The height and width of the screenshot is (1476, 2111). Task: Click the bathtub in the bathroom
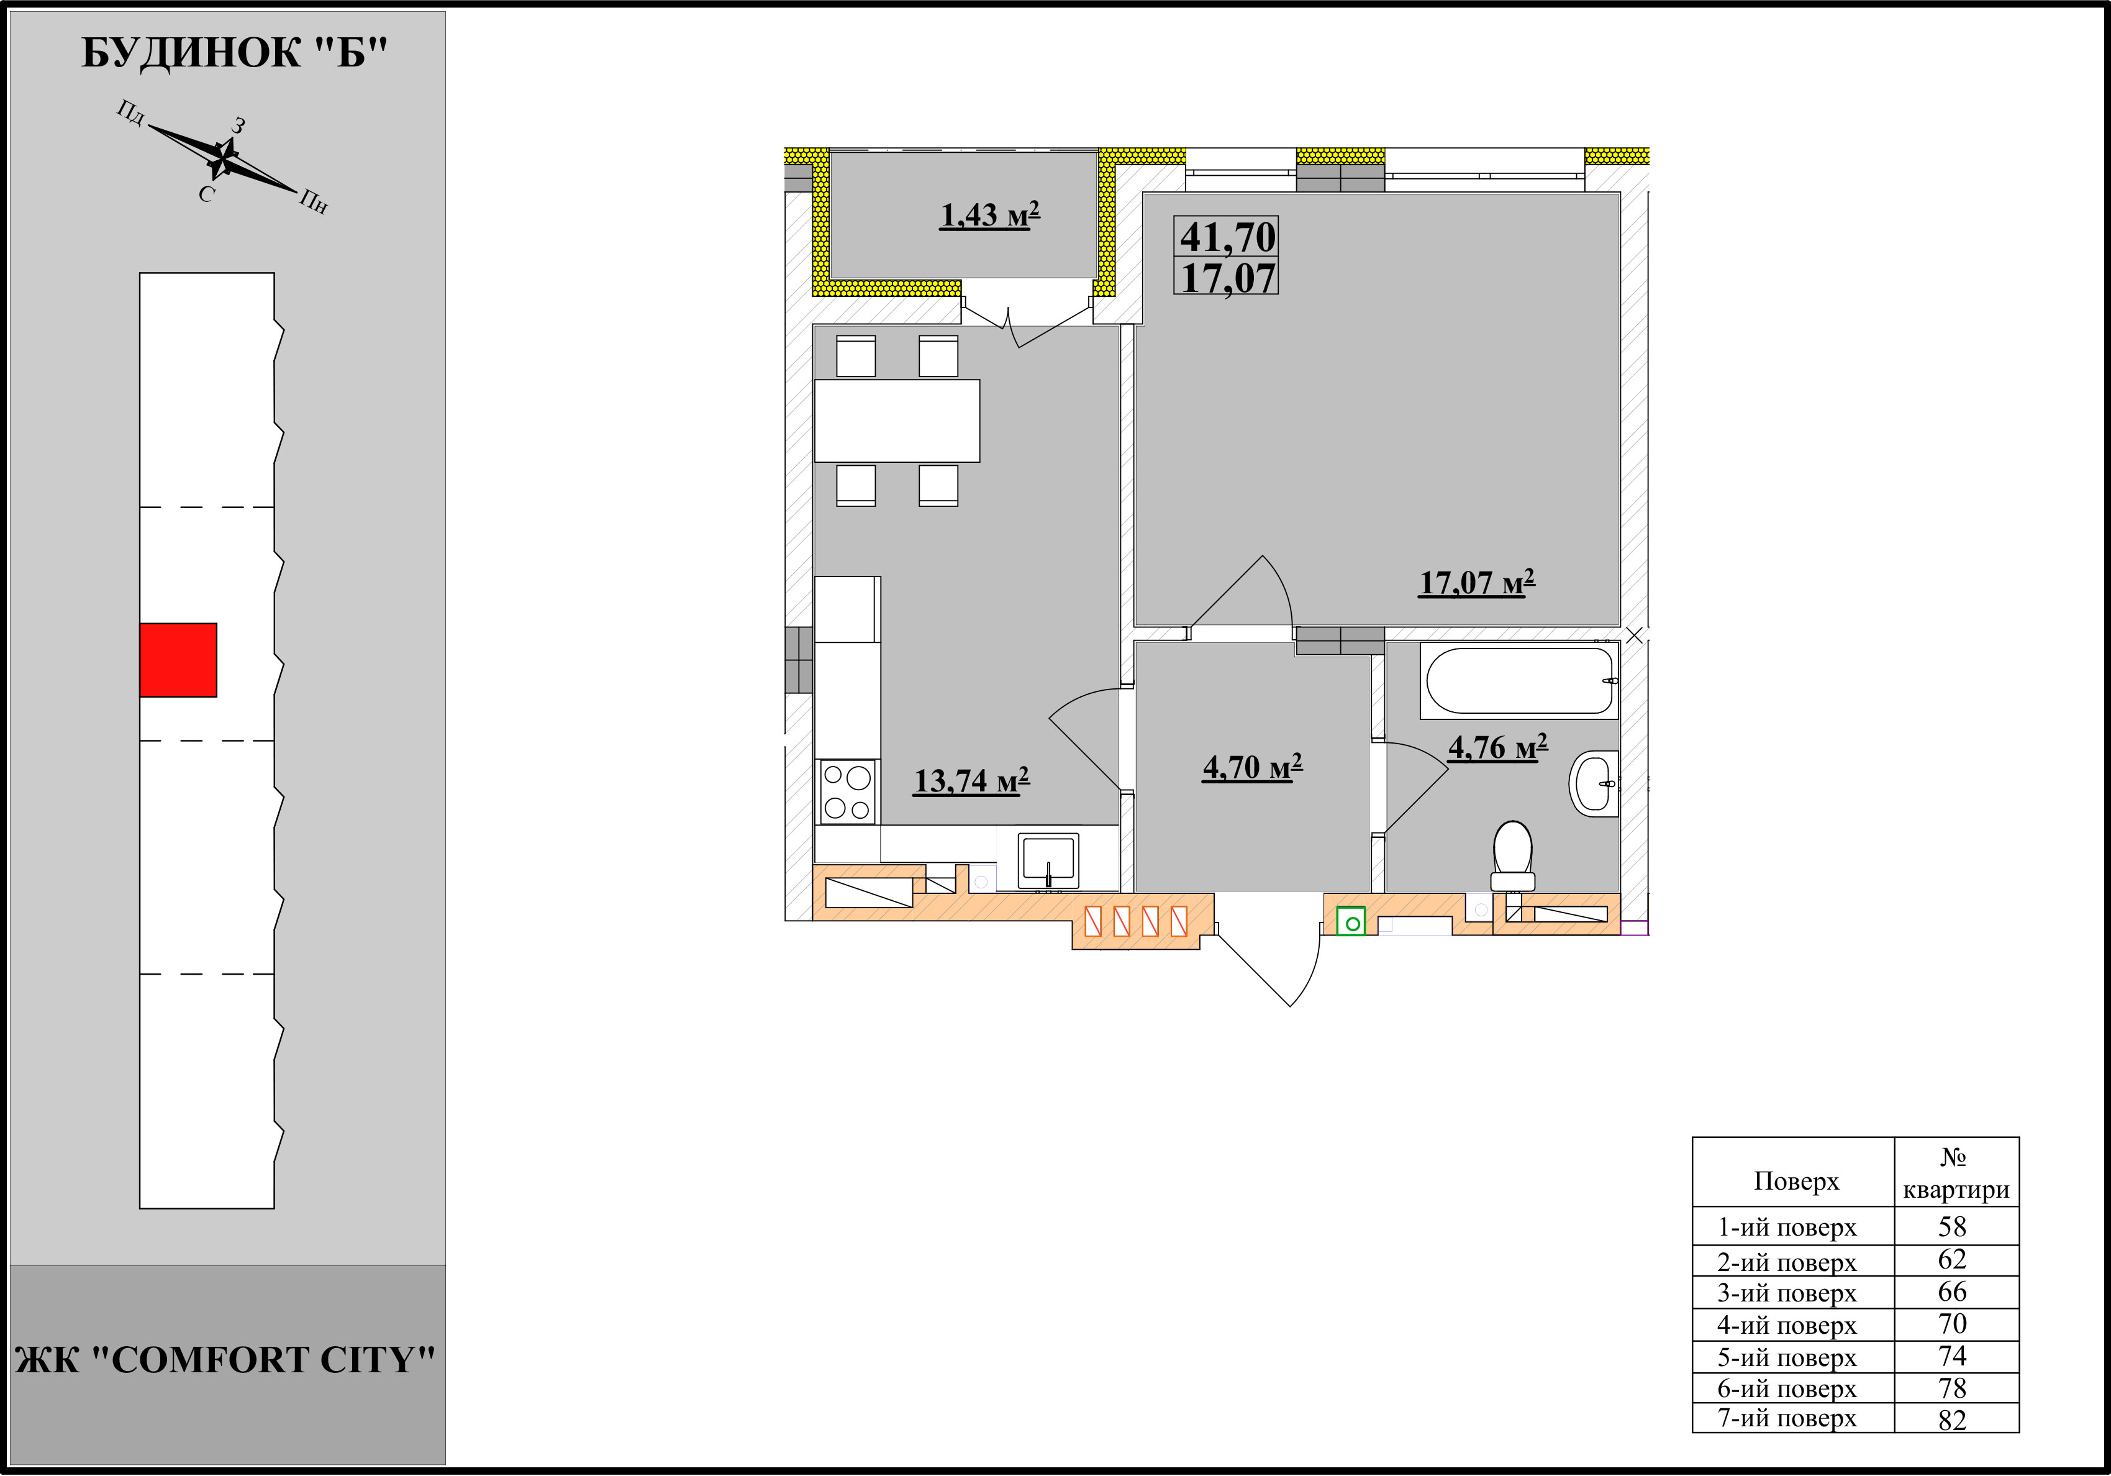click(1519, 680)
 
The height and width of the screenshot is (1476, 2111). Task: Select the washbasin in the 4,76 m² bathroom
click(1594, 783)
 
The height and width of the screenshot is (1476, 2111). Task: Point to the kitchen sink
click(1048, 862)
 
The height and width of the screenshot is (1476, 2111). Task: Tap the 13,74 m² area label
click(971, 781)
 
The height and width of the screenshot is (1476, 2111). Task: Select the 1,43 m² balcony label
click(989, 214)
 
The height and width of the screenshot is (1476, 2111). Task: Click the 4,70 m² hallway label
click(1252, 766)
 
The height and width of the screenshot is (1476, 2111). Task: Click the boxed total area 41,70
click(1227, 236)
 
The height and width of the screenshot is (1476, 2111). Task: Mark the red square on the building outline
click(178, 660)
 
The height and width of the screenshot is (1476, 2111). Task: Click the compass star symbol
click(222, 159)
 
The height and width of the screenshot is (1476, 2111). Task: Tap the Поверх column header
click(1795, 1181)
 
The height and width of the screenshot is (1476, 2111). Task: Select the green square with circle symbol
click(1351, 921)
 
